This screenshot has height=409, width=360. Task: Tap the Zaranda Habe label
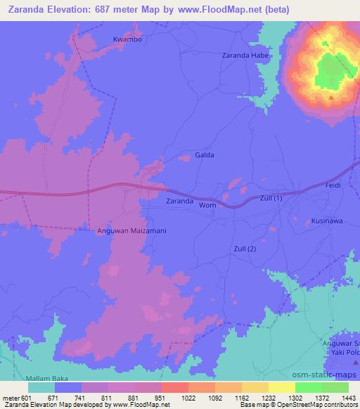(245, 55)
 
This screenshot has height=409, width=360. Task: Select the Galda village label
(204, 155)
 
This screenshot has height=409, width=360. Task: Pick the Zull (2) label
(244, 249)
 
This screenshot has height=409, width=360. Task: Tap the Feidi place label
(333, 184)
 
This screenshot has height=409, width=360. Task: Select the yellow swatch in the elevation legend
(281, 387)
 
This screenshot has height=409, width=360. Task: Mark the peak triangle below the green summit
(331, 98)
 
